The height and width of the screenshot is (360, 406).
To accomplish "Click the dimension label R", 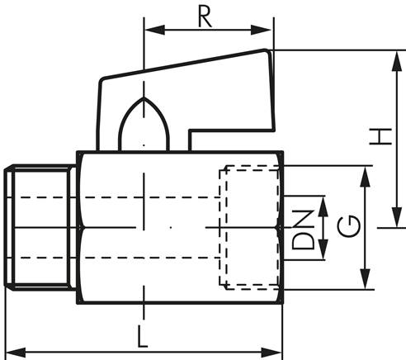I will pyautogui.click(x=209, y=16).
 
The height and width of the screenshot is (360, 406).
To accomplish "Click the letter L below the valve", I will pyautogui.click(x=143, y=336).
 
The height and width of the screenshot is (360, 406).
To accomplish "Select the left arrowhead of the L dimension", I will pyautogui.click(x=11, y=353).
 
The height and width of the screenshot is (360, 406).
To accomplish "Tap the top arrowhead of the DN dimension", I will pyautogui.click(x=323, y=201).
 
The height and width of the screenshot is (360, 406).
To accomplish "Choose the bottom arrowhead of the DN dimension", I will pyautogui.click(x=323, y=253).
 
